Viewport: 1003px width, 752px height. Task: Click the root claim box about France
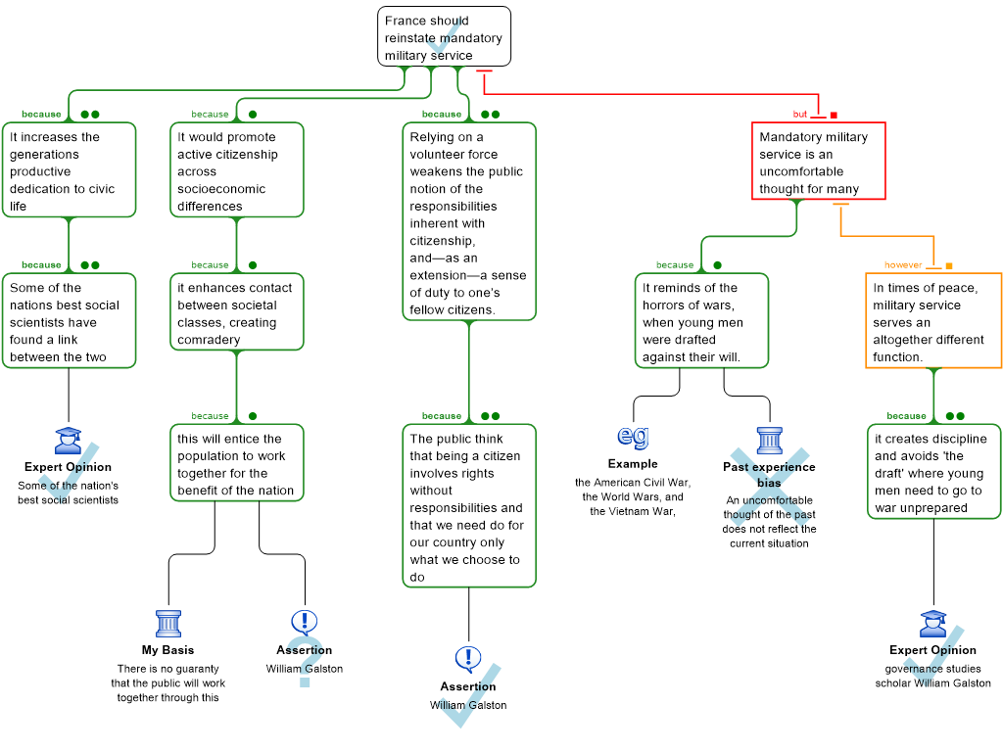pos(444,36)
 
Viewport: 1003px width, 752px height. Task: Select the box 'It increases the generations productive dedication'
pos(69,169)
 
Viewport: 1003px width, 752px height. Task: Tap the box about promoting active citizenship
pos(236,169)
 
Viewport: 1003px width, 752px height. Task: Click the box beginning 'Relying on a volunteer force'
pos(468,221)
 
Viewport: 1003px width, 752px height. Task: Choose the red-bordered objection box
pos(818,162)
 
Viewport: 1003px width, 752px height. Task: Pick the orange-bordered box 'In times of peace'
pos(932,321)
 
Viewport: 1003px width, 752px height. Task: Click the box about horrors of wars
pos(700,321)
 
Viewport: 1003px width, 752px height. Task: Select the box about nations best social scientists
pos(69,321)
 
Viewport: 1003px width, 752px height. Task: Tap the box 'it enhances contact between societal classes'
pos(236,312)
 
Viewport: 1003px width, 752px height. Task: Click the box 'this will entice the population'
pos(236,463)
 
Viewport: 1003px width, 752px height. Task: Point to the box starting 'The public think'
pos(468,505)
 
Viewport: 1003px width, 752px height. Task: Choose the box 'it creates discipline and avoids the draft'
pos(932,472)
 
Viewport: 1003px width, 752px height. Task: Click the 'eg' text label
pos(634,435)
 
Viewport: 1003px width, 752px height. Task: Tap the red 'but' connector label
pos(800,114)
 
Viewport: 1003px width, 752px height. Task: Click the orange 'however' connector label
pos(902,264)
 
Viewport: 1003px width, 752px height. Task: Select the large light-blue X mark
pos(770,487)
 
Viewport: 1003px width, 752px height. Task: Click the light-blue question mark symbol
pos(305,661)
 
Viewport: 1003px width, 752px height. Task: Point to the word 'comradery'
pos(210,340)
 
